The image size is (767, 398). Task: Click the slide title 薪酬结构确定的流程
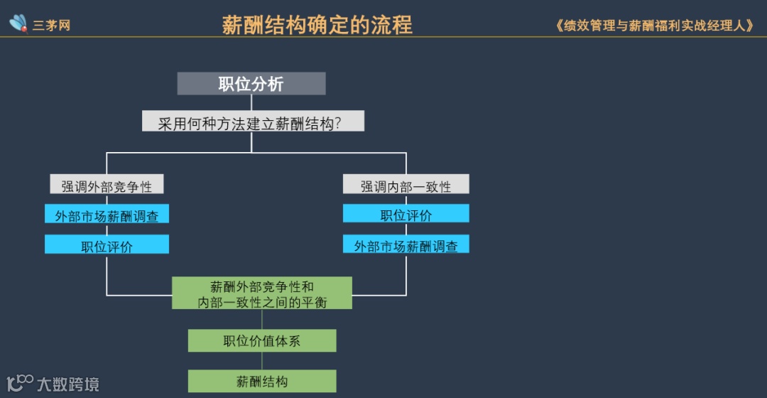point(317,26)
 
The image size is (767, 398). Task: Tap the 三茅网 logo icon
point(18,23)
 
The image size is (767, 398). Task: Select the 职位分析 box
point(251,84)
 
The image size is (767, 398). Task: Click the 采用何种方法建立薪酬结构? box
point(252,122)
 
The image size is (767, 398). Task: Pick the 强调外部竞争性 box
point(107,185)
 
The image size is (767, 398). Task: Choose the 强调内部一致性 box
point(406,185)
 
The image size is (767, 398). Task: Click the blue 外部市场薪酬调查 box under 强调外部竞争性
point(107,215)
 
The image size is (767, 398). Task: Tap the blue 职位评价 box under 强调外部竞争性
point(107,245)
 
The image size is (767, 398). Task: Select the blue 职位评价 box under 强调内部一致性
point(406,214)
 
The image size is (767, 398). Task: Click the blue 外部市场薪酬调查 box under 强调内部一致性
point(406,244)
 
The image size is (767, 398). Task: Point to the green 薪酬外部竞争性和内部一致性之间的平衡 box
point(262,294)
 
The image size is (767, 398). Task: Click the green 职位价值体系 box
point(262,340)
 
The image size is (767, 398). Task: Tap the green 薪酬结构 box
point(262,381)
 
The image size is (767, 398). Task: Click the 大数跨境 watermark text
point(68,384)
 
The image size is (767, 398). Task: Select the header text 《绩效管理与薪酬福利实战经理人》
point(654,26)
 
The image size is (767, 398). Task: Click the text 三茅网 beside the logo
point(51,26)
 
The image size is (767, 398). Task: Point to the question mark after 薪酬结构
point(337,122)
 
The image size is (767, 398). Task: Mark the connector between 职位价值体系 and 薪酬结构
point(262,361)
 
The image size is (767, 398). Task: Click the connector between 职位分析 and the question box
point(251,103)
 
